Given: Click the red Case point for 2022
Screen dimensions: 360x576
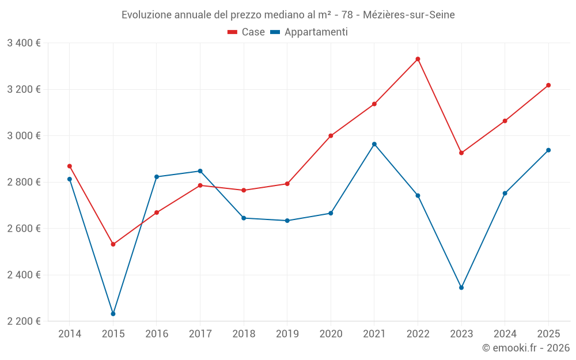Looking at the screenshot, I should pos(418,59).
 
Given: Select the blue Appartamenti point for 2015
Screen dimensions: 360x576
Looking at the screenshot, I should pos(113,314).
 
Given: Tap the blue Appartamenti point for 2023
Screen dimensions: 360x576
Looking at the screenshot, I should pos(461,287).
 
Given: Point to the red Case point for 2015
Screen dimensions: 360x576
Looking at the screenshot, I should pos(113,244).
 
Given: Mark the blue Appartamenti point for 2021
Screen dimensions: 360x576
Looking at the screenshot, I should pos(374,144).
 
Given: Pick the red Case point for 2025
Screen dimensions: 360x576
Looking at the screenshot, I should pos(548,85).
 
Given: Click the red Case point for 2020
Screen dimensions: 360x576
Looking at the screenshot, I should pos(331,136).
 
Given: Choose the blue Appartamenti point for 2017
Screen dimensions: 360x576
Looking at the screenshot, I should pos(200,171).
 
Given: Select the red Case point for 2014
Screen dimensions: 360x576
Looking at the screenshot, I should pos(70,166).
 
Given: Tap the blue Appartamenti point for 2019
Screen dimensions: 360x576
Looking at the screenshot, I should pos(287,221).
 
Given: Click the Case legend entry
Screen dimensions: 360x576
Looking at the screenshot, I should pos(247,32).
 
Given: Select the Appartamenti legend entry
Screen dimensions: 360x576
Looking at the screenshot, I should pos(309,32).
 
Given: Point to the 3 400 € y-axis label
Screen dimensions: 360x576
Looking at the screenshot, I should pos(24,43).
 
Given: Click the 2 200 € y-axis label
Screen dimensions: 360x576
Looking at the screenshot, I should pos(24,321).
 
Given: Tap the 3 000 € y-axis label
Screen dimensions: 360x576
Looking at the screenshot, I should pos(24,136).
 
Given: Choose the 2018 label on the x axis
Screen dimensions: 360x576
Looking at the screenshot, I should pos(244,334).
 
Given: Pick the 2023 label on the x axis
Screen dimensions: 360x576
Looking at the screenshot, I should pos(461,334).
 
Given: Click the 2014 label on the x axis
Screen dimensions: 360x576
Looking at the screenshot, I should pos(70,334).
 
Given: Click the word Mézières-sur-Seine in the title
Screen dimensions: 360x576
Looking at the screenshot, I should pos(409,15).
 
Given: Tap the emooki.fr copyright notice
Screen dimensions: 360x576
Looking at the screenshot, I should pos(526,348).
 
